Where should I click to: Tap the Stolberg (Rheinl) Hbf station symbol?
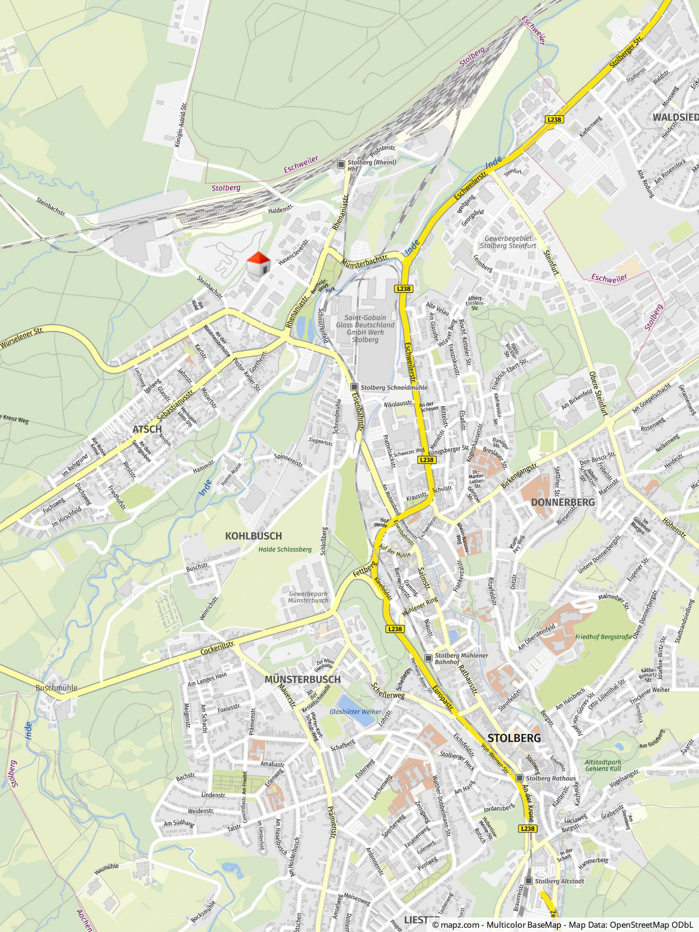pos(341,164)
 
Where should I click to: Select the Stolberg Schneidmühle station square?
pos(354,387)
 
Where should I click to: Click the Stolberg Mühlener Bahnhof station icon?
pos(428,658)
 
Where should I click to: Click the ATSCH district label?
pos(147,429)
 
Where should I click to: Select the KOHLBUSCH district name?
pos(253,536)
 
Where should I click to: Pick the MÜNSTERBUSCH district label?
pos(302,679)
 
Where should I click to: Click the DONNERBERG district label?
pos(563,502)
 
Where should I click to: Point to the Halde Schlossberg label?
pos(285,550)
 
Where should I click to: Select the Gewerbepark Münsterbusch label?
pos(308,597)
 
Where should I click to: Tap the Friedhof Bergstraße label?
pos(603,637)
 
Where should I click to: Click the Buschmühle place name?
pos(57,688)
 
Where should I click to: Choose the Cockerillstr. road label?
pos(218,648)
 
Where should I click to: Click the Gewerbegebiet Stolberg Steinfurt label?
pos(508,242)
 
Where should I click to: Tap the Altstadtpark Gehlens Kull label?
pos(603,765)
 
